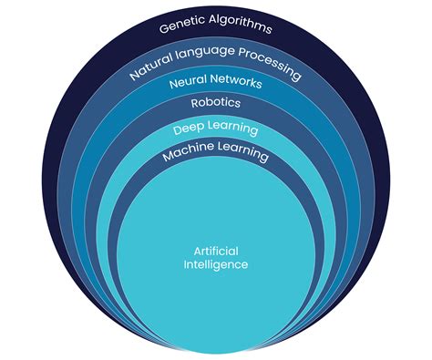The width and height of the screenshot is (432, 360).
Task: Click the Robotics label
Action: (215, 103)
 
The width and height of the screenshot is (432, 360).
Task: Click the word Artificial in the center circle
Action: (215, 251)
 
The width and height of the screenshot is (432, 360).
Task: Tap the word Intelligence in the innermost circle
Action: (215, 264)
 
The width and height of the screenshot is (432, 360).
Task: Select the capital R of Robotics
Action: (194, 103)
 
